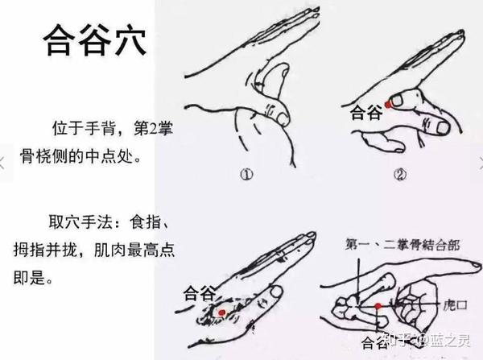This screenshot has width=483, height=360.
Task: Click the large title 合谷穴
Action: click(x=94, y=40)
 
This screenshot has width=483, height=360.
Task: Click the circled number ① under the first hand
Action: click(x=246, y=175)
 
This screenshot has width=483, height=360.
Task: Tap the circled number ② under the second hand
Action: click(x=400, y=175)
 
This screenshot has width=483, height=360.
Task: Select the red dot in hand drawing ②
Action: click(x=388, y=105)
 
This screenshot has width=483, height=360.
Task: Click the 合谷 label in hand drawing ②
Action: click(x=366, y=113)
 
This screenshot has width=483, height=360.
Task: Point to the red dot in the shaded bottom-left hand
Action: click(x=221, y=312)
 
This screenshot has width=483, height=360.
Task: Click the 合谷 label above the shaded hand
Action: click(x=199, y=293)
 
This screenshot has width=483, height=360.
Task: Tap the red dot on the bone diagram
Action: click(x=378, y=306)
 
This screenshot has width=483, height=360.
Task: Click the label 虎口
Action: click(x=456, y=305)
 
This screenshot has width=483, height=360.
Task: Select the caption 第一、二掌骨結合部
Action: click(x=402, y=245)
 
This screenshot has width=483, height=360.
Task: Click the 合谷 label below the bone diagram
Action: click(x=374, y=343)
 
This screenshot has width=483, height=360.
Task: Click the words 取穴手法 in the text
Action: click(x=80, y=221)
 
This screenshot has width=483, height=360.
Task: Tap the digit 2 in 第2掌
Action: click(x=154, y=129)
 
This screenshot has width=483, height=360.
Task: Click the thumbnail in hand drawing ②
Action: click(x=397, y=100)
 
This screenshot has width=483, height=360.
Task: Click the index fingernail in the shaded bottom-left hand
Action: click(x=276, y=292)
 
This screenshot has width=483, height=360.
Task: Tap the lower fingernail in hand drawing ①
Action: click(x=283, y=118)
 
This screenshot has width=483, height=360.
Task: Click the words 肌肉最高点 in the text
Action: click(x=134, y=250)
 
